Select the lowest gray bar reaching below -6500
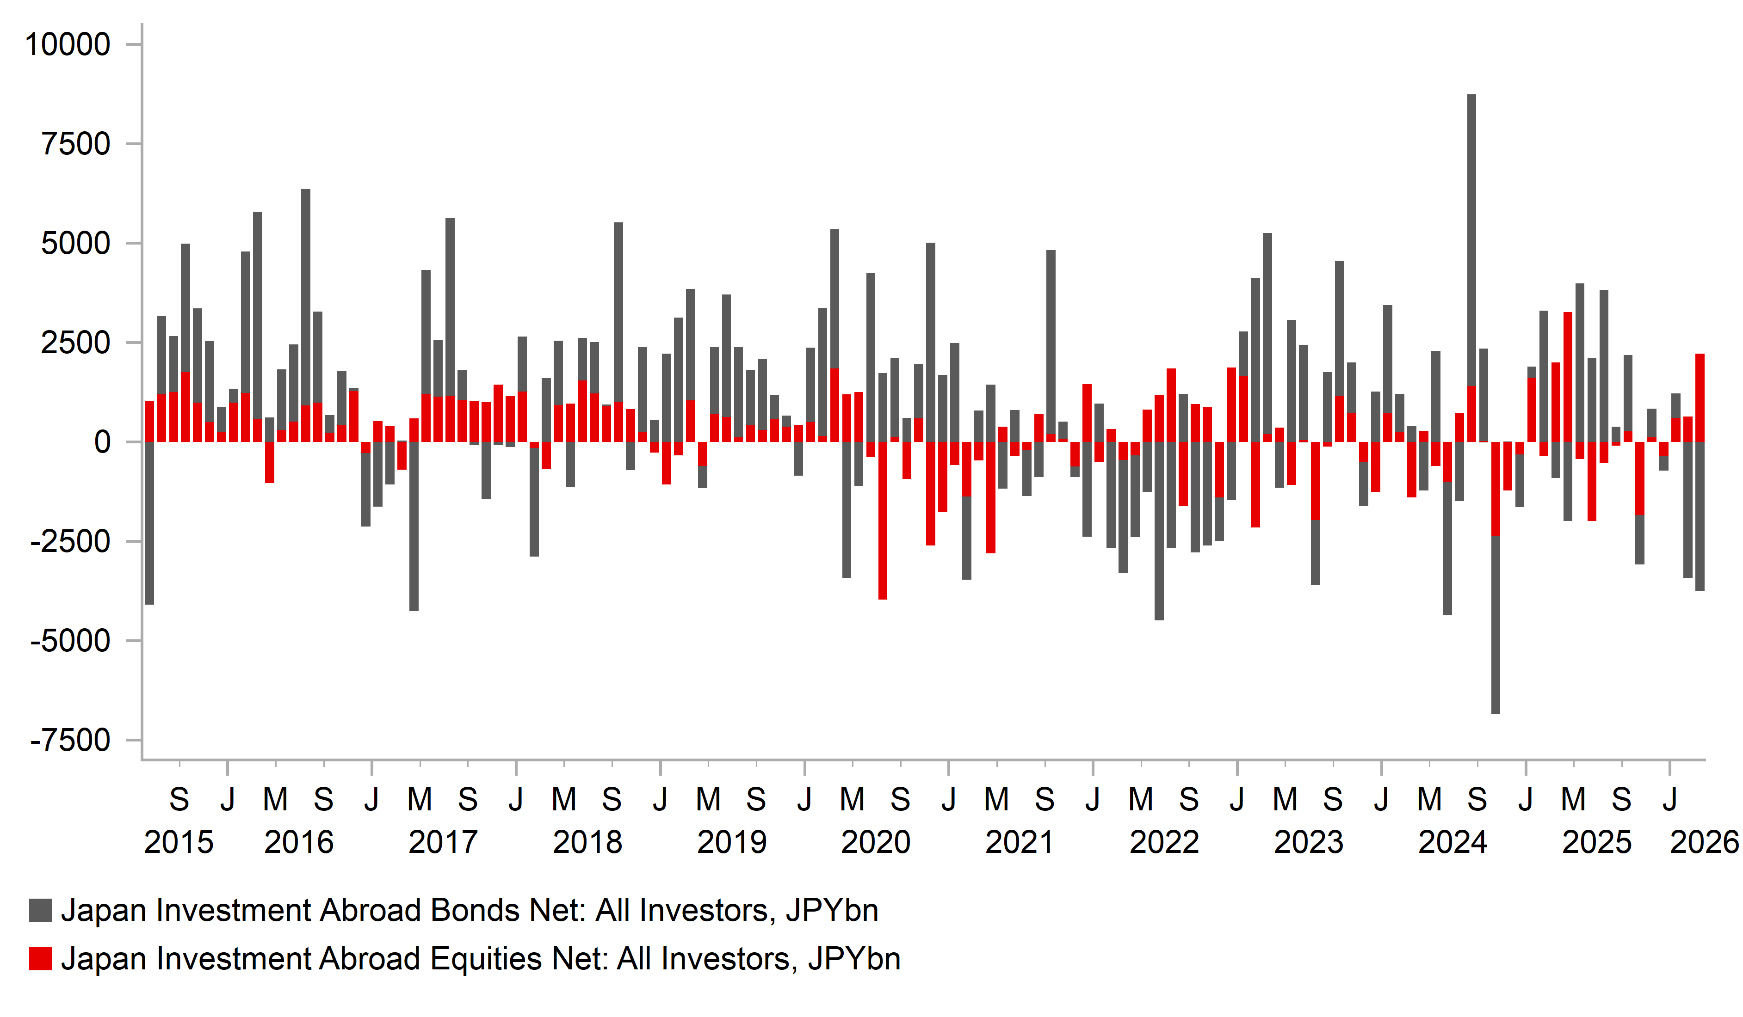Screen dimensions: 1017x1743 1496,622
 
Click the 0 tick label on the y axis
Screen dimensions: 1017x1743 102,442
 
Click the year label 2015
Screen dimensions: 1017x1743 179,842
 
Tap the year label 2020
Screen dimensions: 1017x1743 876,842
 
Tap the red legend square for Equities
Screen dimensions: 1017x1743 41,959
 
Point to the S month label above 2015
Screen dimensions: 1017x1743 179,800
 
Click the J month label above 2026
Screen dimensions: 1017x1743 1670,800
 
